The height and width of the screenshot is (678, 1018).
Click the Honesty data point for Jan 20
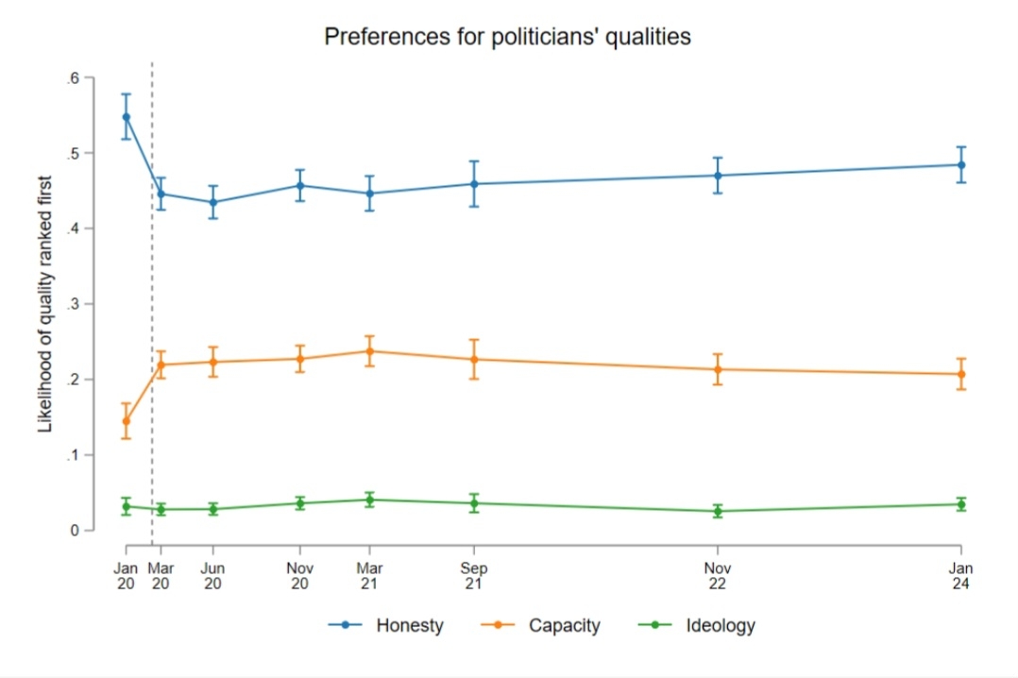pos(126,117)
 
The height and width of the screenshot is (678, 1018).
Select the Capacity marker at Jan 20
pos(126,421)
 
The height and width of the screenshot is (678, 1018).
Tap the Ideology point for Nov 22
pos(718,512)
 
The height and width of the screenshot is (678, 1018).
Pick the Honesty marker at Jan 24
pos(961,164)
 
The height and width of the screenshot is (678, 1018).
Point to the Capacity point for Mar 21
pos(370,351)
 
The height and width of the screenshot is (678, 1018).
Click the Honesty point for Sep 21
pos(474,184)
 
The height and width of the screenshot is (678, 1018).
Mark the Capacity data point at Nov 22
pos(718,369)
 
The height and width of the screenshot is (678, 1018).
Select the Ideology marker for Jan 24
pos(961,504)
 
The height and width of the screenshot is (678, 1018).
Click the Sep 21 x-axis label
pos(474,576)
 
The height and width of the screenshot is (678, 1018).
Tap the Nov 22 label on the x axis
pos(718,576)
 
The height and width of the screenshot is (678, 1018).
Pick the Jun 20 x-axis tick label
pos(213,576)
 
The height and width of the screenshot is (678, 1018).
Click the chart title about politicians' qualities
pos(508,37)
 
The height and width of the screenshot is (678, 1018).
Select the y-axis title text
pos(45,304)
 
